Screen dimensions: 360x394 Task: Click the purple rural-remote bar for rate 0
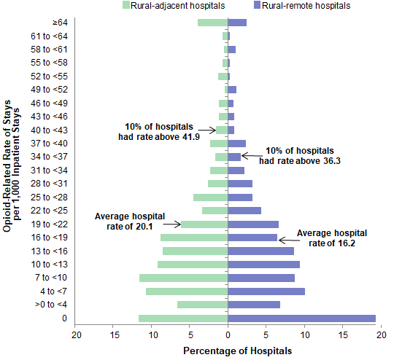(x=302, y=318)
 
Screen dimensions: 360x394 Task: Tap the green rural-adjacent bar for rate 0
(x=183, y=318)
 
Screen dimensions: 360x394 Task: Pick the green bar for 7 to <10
(x=184, y=278)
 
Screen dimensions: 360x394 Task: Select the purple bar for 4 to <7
(x=266, y=291)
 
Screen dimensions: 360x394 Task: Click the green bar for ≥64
(x=213, y=23)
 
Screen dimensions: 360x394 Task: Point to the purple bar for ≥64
(x=237, y=23)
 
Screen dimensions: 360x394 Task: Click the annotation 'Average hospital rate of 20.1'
(x=130, y=221)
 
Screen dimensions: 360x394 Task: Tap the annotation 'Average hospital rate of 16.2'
(x=332, y=238)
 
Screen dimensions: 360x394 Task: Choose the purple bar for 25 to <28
(x=240, y=197)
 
